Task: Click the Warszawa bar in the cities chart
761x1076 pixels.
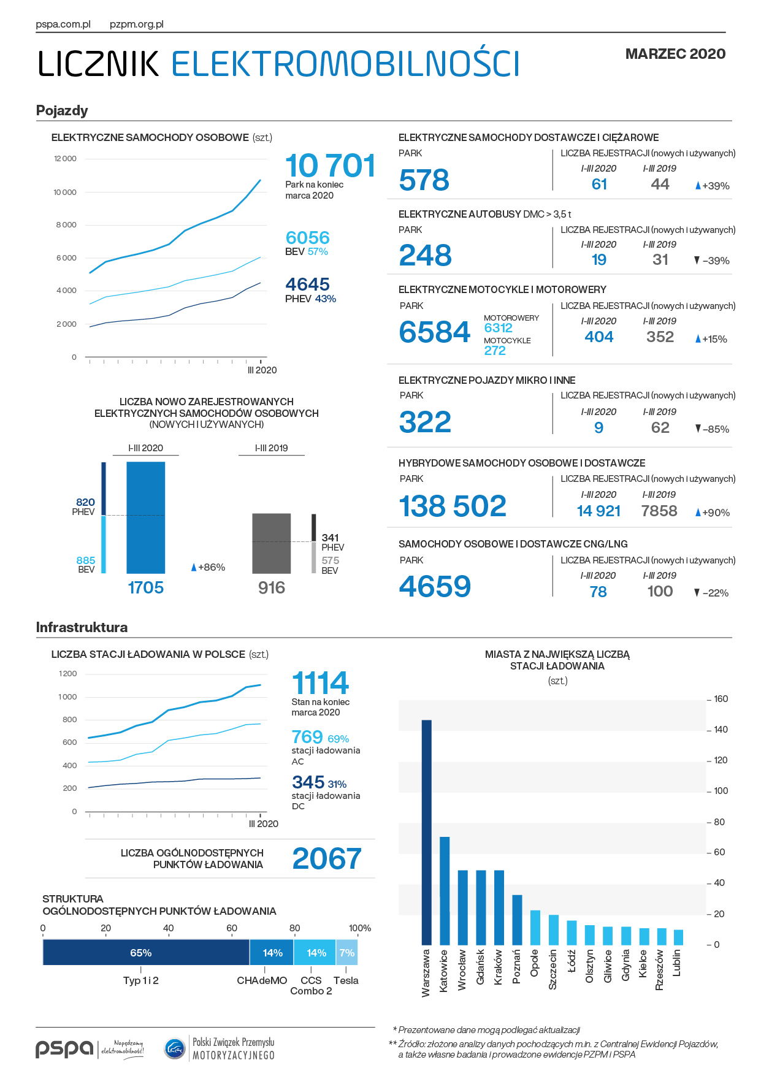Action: point(426,832)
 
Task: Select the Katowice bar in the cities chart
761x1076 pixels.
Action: point(445,891)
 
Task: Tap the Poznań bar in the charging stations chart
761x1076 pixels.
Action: point(517,920)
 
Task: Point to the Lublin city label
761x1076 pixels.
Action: point(677,963)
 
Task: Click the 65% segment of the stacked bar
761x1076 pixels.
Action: point(146,952)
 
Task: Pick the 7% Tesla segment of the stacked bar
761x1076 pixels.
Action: point(346,952)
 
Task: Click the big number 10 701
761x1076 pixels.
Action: point(331,166)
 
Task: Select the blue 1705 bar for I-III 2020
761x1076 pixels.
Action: point(145,517)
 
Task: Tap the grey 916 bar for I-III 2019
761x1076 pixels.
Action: point(272,543)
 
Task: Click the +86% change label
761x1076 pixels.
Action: point(208,567)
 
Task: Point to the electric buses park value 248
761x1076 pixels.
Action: point(425,255)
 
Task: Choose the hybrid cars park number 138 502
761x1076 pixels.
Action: point(453,506)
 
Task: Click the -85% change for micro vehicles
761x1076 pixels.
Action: point(712,429)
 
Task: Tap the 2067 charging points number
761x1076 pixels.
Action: point(327,858)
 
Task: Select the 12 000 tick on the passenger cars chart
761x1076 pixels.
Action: point(65,159)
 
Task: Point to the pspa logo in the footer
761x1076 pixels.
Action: point(64,1049)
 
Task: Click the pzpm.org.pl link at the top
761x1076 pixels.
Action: point(137,25)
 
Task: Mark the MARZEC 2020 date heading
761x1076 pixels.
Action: point(675,54)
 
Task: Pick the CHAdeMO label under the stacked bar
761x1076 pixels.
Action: point(262,980)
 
